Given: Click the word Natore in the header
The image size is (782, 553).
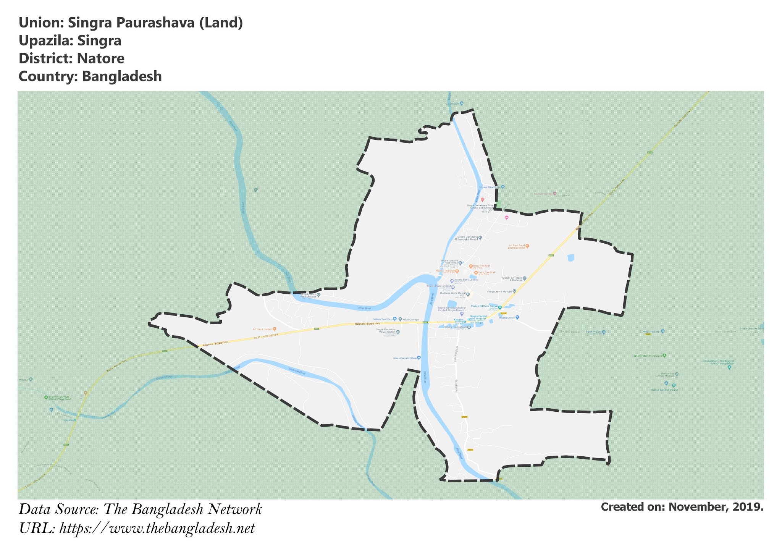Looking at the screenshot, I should [100, 58].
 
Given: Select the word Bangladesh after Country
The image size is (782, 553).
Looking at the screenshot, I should [122, 76].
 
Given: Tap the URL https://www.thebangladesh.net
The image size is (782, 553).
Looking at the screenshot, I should [157, 529].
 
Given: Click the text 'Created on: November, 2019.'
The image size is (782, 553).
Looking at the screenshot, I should [682, 507].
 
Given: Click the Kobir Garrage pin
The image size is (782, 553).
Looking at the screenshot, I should [400, 319].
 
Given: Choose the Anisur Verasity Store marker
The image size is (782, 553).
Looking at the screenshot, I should [419, 358].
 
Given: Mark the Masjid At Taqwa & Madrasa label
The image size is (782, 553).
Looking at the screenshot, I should [512, 279].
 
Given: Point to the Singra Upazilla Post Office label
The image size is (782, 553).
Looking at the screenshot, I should [449, 262].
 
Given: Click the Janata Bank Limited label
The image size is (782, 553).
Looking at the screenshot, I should [466, 280].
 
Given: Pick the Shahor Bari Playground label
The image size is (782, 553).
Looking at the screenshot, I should [647, 356].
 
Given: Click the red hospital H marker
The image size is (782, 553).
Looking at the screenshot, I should [482, 199].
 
